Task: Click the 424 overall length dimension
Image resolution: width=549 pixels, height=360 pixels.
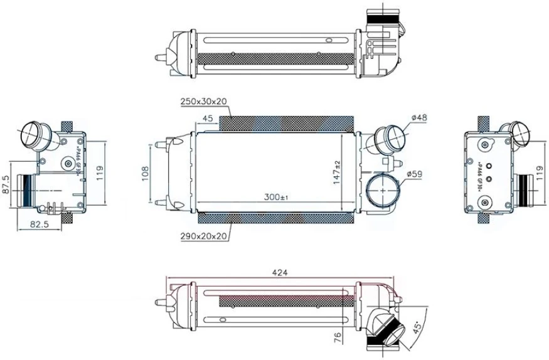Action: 280,273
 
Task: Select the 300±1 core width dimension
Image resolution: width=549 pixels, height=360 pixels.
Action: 275,198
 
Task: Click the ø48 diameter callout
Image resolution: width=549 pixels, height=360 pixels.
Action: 418,117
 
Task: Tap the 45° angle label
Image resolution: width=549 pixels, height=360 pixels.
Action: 416,328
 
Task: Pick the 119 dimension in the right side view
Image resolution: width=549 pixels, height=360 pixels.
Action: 540,173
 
